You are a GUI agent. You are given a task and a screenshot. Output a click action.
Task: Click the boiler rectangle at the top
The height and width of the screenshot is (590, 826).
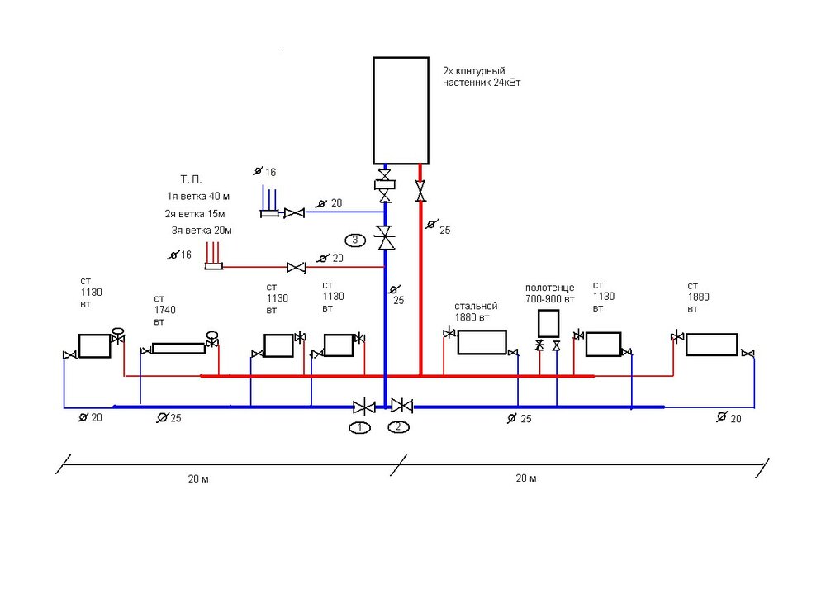point(401,109)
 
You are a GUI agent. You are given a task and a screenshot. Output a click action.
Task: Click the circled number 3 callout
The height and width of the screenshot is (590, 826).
point(354,240)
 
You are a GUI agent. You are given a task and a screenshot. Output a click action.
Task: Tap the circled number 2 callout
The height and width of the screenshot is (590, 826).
point(398,427)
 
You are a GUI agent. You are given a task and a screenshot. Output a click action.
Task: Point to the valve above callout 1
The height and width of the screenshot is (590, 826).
point(363,407)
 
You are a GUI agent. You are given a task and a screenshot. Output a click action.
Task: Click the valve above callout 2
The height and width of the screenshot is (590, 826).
point(402,406)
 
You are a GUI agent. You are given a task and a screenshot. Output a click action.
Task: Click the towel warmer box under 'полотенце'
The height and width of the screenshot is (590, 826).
point(548,322)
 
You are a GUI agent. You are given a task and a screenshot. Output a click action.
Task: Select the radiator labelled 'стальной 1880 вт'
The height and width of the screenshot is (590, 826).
point(482,342)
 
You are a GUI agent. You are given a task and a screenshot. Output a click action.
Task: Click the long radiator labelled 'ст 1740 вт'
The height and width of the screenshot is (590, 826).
point(178,348)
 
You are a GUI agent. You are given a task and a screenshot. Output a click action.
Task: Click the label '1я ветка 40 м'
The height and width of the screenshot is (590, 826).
point(198,196)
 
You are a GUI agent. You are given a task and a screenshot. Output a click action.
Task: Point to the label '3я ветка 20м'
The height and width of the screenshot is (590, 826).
point(202,231)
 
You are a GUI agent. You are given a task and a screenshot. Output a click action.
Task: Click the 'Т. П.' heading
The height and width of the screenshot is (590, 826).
point(191,178)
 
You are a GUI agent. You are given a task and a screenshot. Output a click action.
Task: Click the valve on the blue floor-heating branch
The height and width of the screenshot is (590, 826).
point(293,213)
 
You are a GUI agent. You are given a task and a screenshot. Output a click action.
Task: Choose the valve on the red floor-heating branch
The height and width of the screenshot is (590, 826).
point(294,267)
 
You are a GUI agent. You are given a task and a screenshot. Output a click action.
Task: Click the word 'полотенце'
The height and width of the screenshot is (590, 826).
point(549,288)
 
